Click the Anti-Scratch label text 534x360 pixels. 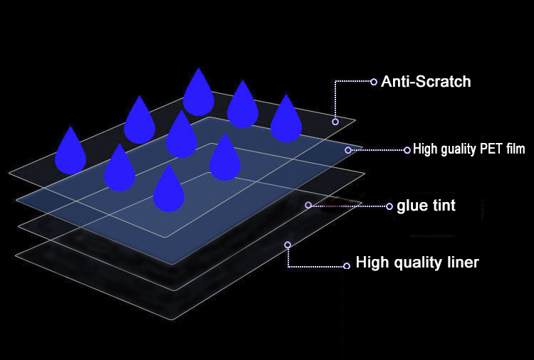[x=426, y=82]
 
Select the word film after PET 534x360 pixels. [x=514, y=149]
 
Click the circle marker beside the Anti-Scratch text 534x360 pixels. [x=374, y=82]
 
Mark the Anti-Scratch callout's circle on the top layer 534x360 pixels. [x=335, y=122]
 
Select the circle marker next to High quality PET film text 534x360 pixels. [x=407, y=150]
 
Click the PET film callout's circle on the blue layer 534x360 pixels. [x=347, y=150]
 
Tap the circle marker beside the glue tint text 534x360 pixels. [x=389, y=206]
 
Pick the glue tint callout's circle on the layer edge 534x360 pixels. [x=308, y=205]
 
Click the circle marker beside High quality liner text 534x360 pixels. [x=347, y=266]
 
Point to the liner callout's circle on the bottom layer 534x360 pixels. [x=288, y=245]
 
